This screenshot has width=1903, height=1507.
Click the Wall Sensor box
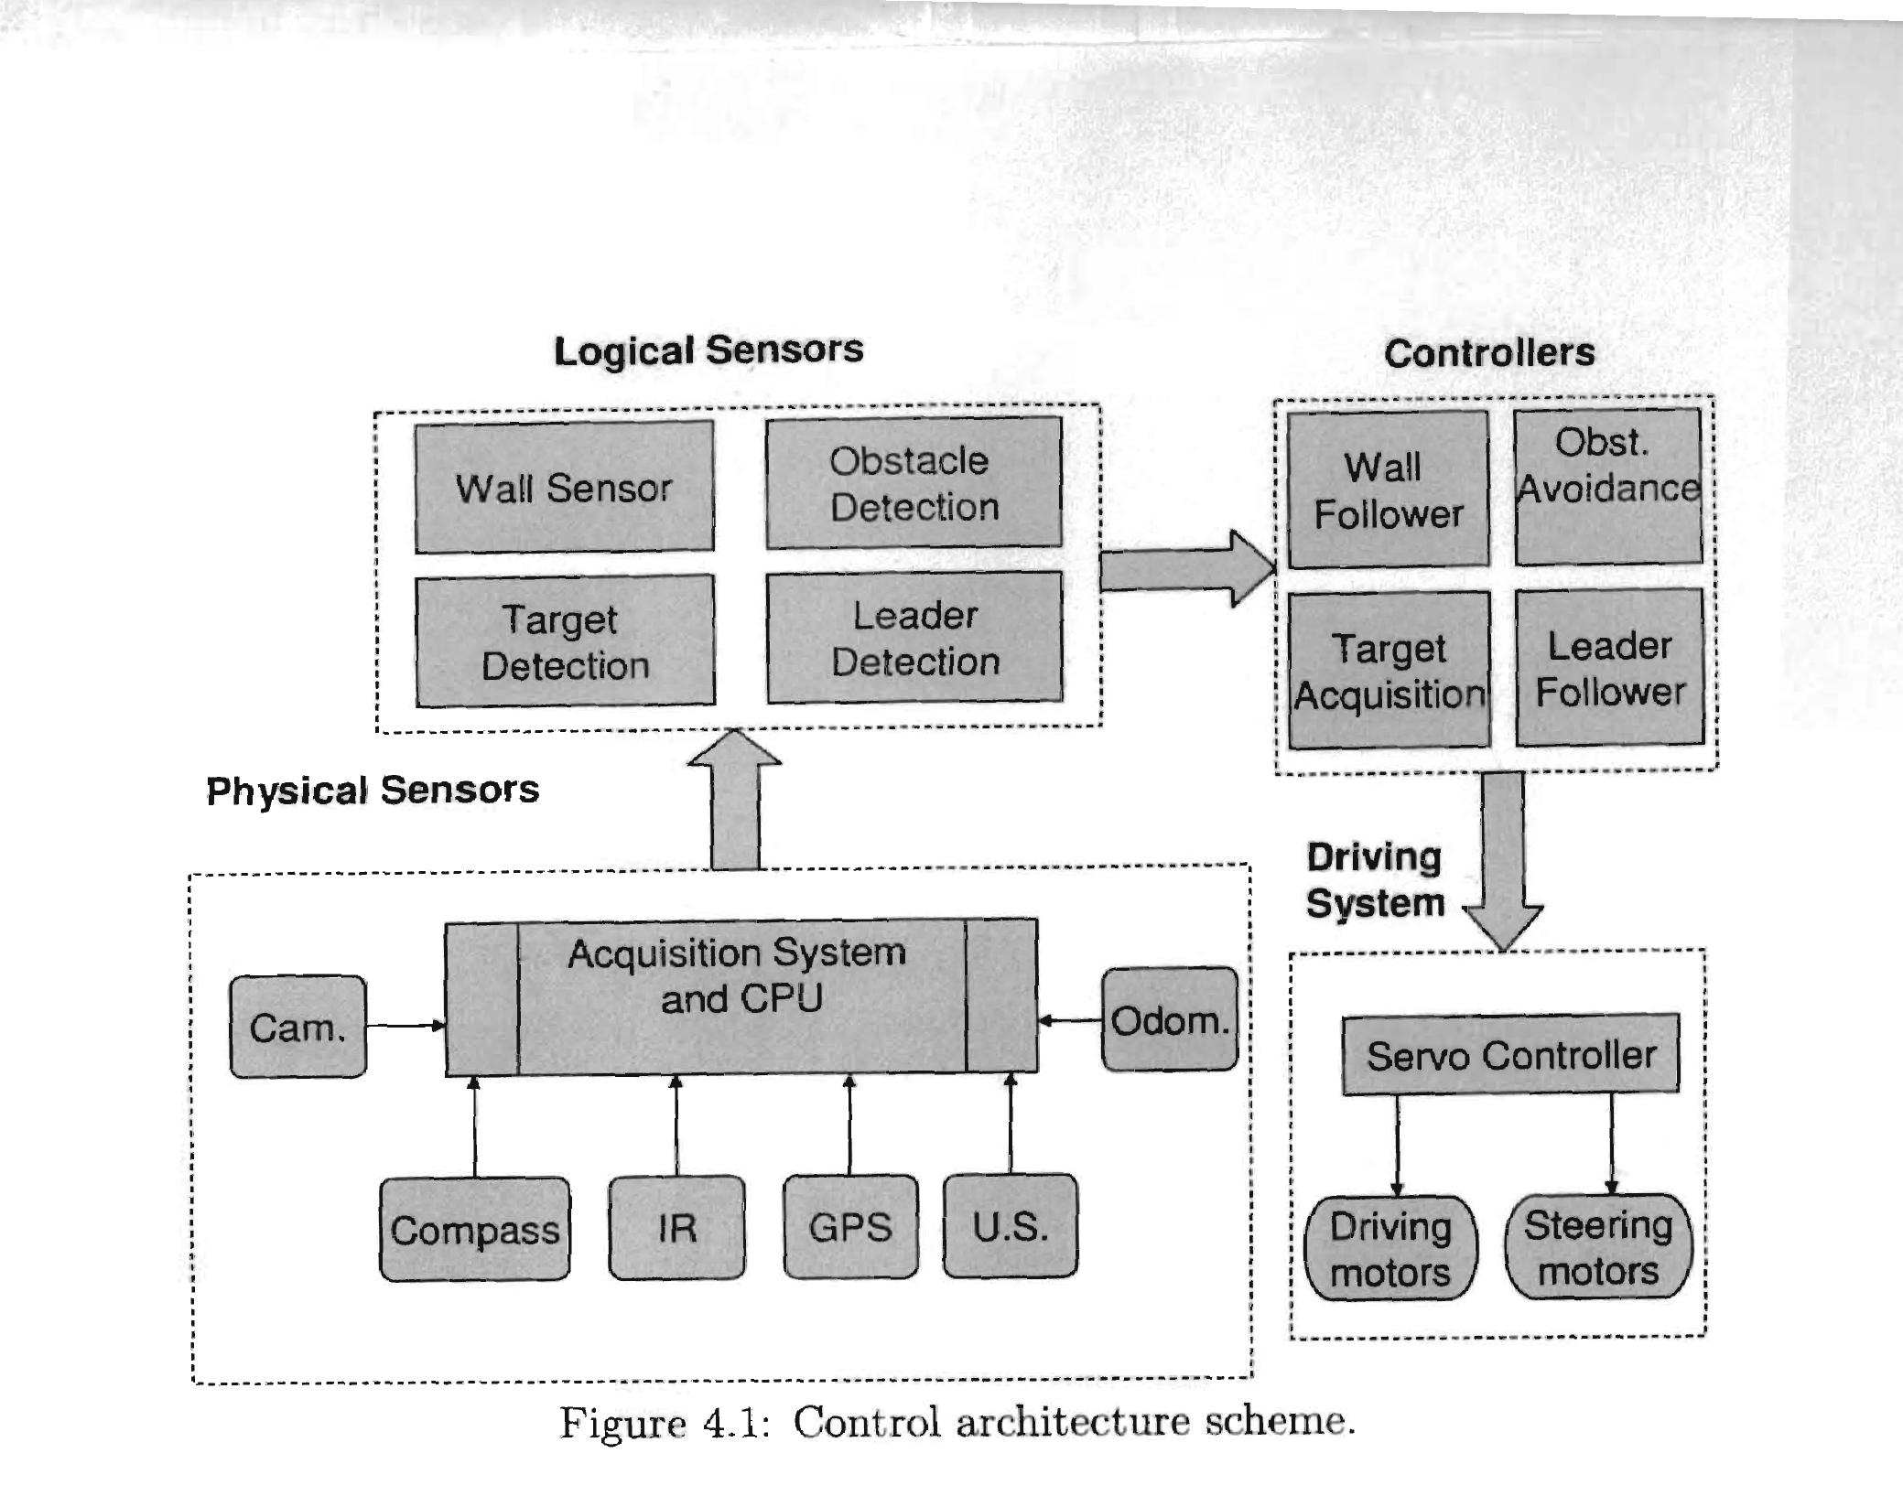pyautogui.click(x=564, y=487)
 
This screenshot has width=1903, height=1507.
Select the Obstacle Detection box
pyautogui.click(x=914, y=483)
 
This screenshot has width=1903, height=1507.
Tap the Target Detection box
pyautogui.click(x=565, y=641)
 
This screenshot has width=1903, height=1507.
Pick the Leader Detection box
pyautogui.click(x=914, y=638)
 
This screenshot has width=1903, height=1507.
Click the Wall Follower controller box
pyautogui.click(x=1388, y=490)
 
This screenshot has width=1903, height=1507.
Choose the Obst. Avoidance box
pyautogui.click(x=1607, y=486)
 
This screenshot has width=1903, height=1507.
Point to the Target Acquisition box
pyautogui.click(x=1389, y=671)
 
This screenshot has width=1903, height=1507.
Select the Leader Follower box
pyautogui.click(x=1609, y=668)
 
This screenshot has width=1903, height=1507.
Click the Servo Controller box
pyautogui.click(x=1510, y=1054)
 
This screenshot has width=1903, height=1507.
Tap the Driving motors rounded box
pyautogui.click(x=1390, y=1248)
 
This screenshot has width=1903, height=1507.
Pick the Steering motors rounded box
pyautogui.click(x=1598, y=1246)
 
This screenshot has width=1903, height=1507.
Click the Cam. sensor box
pyautogui.click(x=297, y=1027)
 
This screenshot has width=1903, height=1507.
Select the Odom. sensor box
pyautogui.click(x=1169, y=1019)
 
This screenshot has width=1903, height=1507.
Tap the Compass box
pyautogui.click(x=474, y=1229)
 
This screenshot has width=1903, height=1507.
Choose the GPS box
pyautogui.click(x=849, y=1226)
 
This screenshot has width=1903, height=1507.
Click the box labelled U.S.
pyautogui.click(x=1010, y=1225)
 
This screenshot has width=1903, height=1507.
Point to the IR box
pyautogui.click(x=676, y=1227)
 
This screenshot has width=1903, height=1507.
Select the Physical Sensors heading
pyautogui.click(x=373, y=791)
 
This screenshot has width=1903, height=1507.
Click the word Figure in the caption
pyautogui.click(x=622, y=1424)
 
